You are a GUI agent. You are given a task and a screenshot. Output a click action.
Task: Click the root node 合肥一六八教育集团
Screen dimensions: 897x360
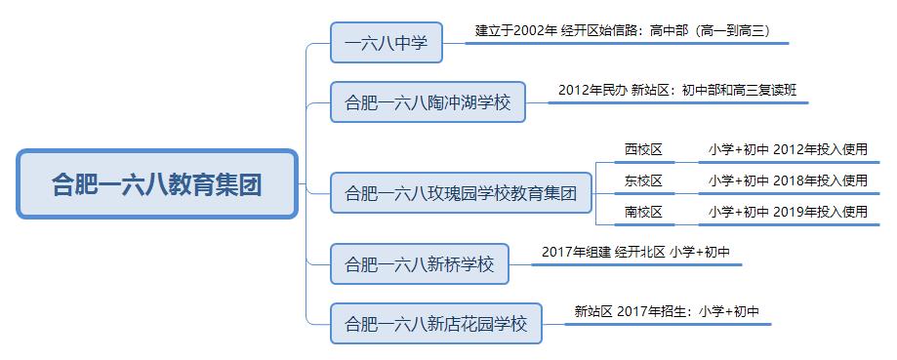click(157, 183)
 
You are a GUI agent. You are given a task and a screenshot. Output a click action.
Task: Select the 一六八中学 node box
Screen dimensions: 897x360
click(387, 43)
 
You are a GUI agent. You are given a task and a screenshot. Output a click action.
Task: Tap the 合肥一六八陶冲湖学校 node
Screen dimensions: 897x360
click(428, 101)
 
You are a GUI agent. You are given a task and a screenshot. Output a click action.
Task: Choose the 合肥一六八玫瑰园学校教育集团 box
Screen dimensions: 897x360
click(462, 192)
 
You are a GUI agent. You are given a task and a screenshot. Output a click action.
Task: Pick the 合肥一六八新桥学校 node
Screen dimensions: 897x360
click(420, 263)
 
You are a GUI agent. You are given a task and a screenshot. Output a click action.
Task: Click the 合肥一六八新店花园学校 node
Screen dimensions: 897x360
click(435, 323)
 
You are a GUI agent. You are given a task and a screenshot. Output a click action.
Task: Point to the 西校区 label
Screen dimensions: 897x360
click(643, 150)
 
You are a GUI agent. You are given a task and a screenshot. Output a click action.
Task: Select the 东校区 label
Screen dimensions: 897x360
click(643, 180)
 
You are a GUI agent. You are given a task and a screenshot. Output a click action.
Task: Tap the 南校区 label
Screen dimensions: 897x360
click(643, 211)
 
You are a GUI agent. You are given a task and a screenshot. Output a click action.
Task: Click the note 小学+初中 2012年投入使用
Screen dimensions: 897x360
click(788, 150)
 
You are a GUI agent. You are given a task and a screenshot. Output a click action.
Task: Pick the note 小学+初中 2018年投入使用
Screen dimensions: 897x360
click(788, 180)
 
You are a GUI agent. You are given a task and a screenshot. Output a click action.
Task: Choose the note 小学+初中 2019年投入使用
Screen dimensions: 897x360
click(788, 211)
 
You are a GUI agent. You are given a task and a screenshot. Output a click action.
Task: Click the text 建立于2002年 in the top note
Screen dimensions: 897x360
click(515, 31)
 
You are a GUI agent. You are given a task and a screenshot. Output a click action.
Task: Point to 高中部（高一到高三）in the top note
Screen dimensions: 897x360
click(707, 31)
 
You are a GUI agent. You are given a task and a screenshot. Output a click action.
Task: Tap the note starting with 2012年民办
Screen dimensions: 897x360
click(677, 90)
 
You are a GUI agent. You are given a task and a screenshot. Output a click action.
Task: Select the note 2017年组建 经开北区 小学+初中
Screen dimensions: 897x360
click(635, 252)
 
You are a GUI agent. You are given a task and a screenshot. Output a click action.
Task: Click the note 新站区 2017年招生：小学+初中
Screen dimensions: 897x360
click(667, 311)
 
